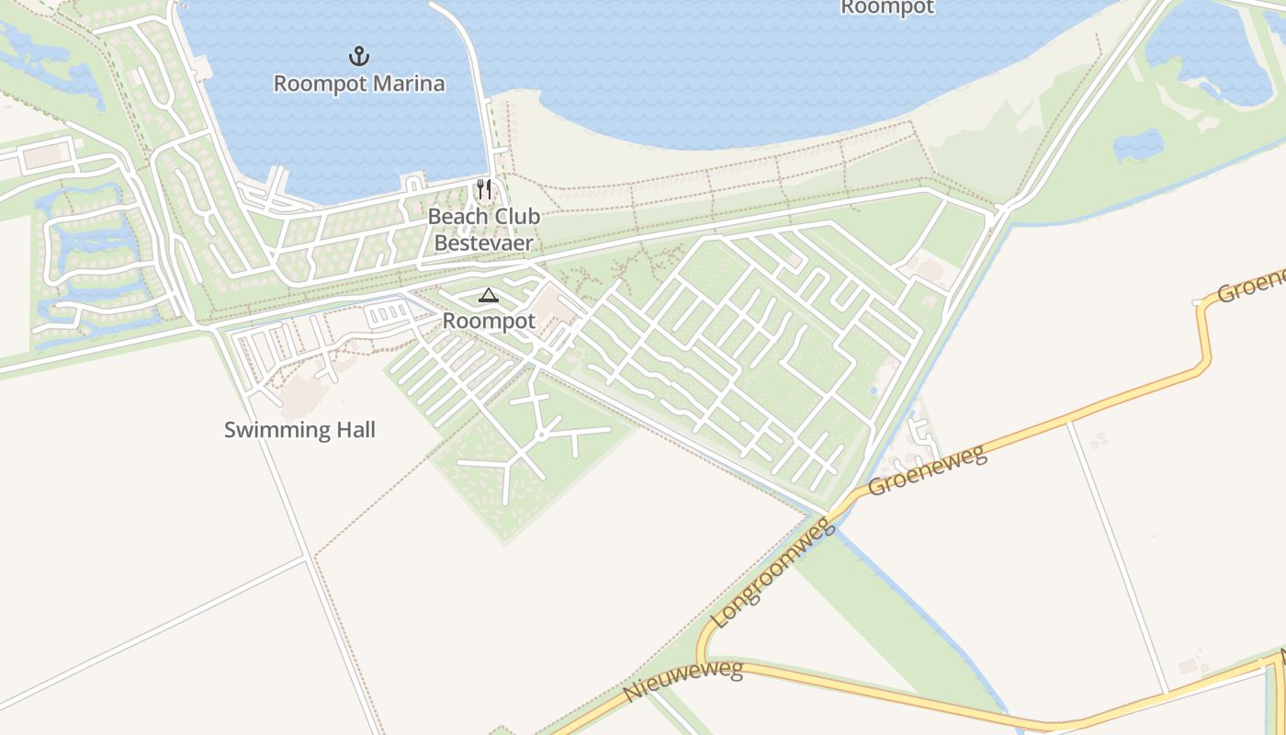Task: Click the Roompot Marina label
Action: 359,84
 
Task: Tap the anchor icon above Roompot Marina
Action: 359,57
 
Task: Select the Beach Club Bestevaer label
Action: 484,230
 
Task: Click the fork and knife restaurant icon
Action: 484,190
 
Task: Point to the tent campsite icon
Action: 488,296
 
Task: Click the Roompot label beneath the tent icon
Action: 489,322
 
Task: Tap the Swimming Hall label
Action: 299,429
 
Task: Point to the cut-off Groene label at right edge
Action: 1251,286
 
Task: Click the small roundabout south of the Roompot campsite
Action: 542,435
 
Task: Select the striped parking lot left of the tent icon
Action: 389,314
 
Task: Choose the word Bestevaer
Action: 483,243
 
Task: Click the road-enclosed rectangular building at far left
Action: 45,156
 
